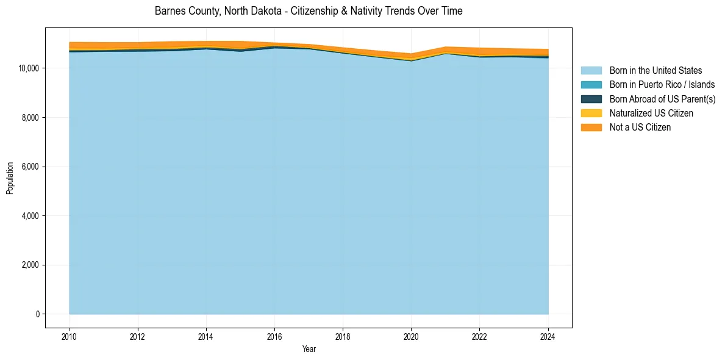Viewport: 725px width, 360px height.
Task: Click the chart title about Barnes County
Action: click(309, 11)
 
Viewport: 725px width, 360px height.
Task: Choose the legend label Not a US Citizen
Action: click(640, 128)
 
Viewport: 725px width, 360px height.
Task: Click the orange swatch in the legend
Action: click(591, 128)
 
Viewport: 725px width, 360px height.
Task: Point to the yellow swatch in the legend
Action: click(591, 113)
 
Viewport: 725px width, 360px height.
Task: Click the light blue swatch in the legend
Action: click(591, 71)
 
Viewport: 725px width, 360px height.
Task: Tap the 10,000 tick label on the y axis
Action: click(30, 68)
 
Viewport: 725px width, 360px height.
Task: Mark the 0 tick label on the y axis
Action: click(37, 314)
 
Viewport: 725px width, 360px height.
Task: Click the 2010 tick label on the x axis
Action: click(70, 336)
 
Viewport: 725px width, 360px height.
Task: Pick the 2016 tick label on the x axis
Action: click(274, 336)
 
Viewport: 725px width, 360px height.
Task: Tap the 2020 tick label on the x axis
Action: click(411, 336)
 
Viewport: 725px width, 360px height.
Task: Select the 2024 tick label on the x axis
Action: click(548, 336)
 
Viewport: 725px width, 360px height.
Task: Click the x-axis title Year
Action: click(309, 349)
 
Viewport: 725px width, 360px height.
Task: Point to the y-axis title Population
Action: click(10, 178)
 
